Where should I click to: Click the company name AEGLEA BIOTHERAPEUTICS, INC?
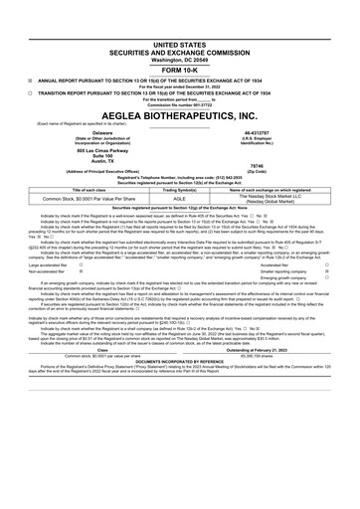(x=179, y=115)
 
